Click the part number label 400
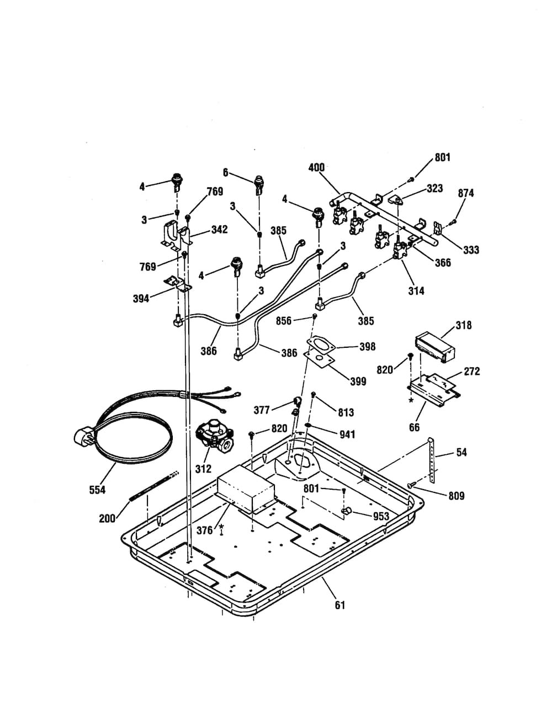click(316, 167)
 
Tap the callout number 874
click(466, 193)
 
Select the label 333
click(471, 250)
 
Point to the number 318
click(463, 326)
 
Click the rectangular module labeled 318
click(434, 348)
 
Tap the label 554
click(98, 490)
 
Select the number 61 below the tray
click(340, 605)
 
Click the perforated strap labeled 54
click(432, 460)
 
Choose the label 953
click(381, 516)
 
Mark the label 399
click(358, 381)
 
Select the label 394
click(141, 299)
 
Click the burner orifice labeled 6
click(258, 185)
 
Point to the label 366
click(443, 263)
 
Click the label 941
click(347, 434)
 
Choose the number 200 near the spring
click(108, 518)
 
